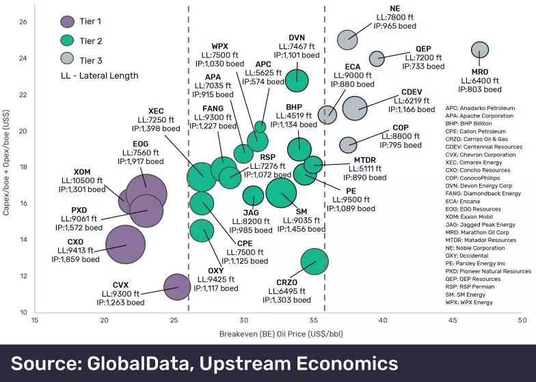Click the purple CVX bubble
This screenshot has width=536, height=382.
click(177, 288)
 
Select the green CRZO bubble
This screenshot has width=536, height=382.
click(314, 261)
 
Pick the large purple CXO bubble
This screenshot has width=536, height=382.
click(125, 245)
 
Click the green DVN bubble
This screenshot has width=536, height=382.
click(297, 79)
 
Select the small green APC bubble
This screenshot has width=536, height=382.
click(260, 126)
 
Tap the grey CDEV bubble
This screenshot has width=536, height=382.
click(355, 107)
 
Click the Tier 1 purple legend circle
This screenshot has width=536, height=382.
click(68, 23)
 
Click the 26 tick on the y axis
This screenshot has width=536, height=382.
click(23, 21)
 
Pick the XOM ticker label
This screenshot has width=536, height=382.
click(82, 171)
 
